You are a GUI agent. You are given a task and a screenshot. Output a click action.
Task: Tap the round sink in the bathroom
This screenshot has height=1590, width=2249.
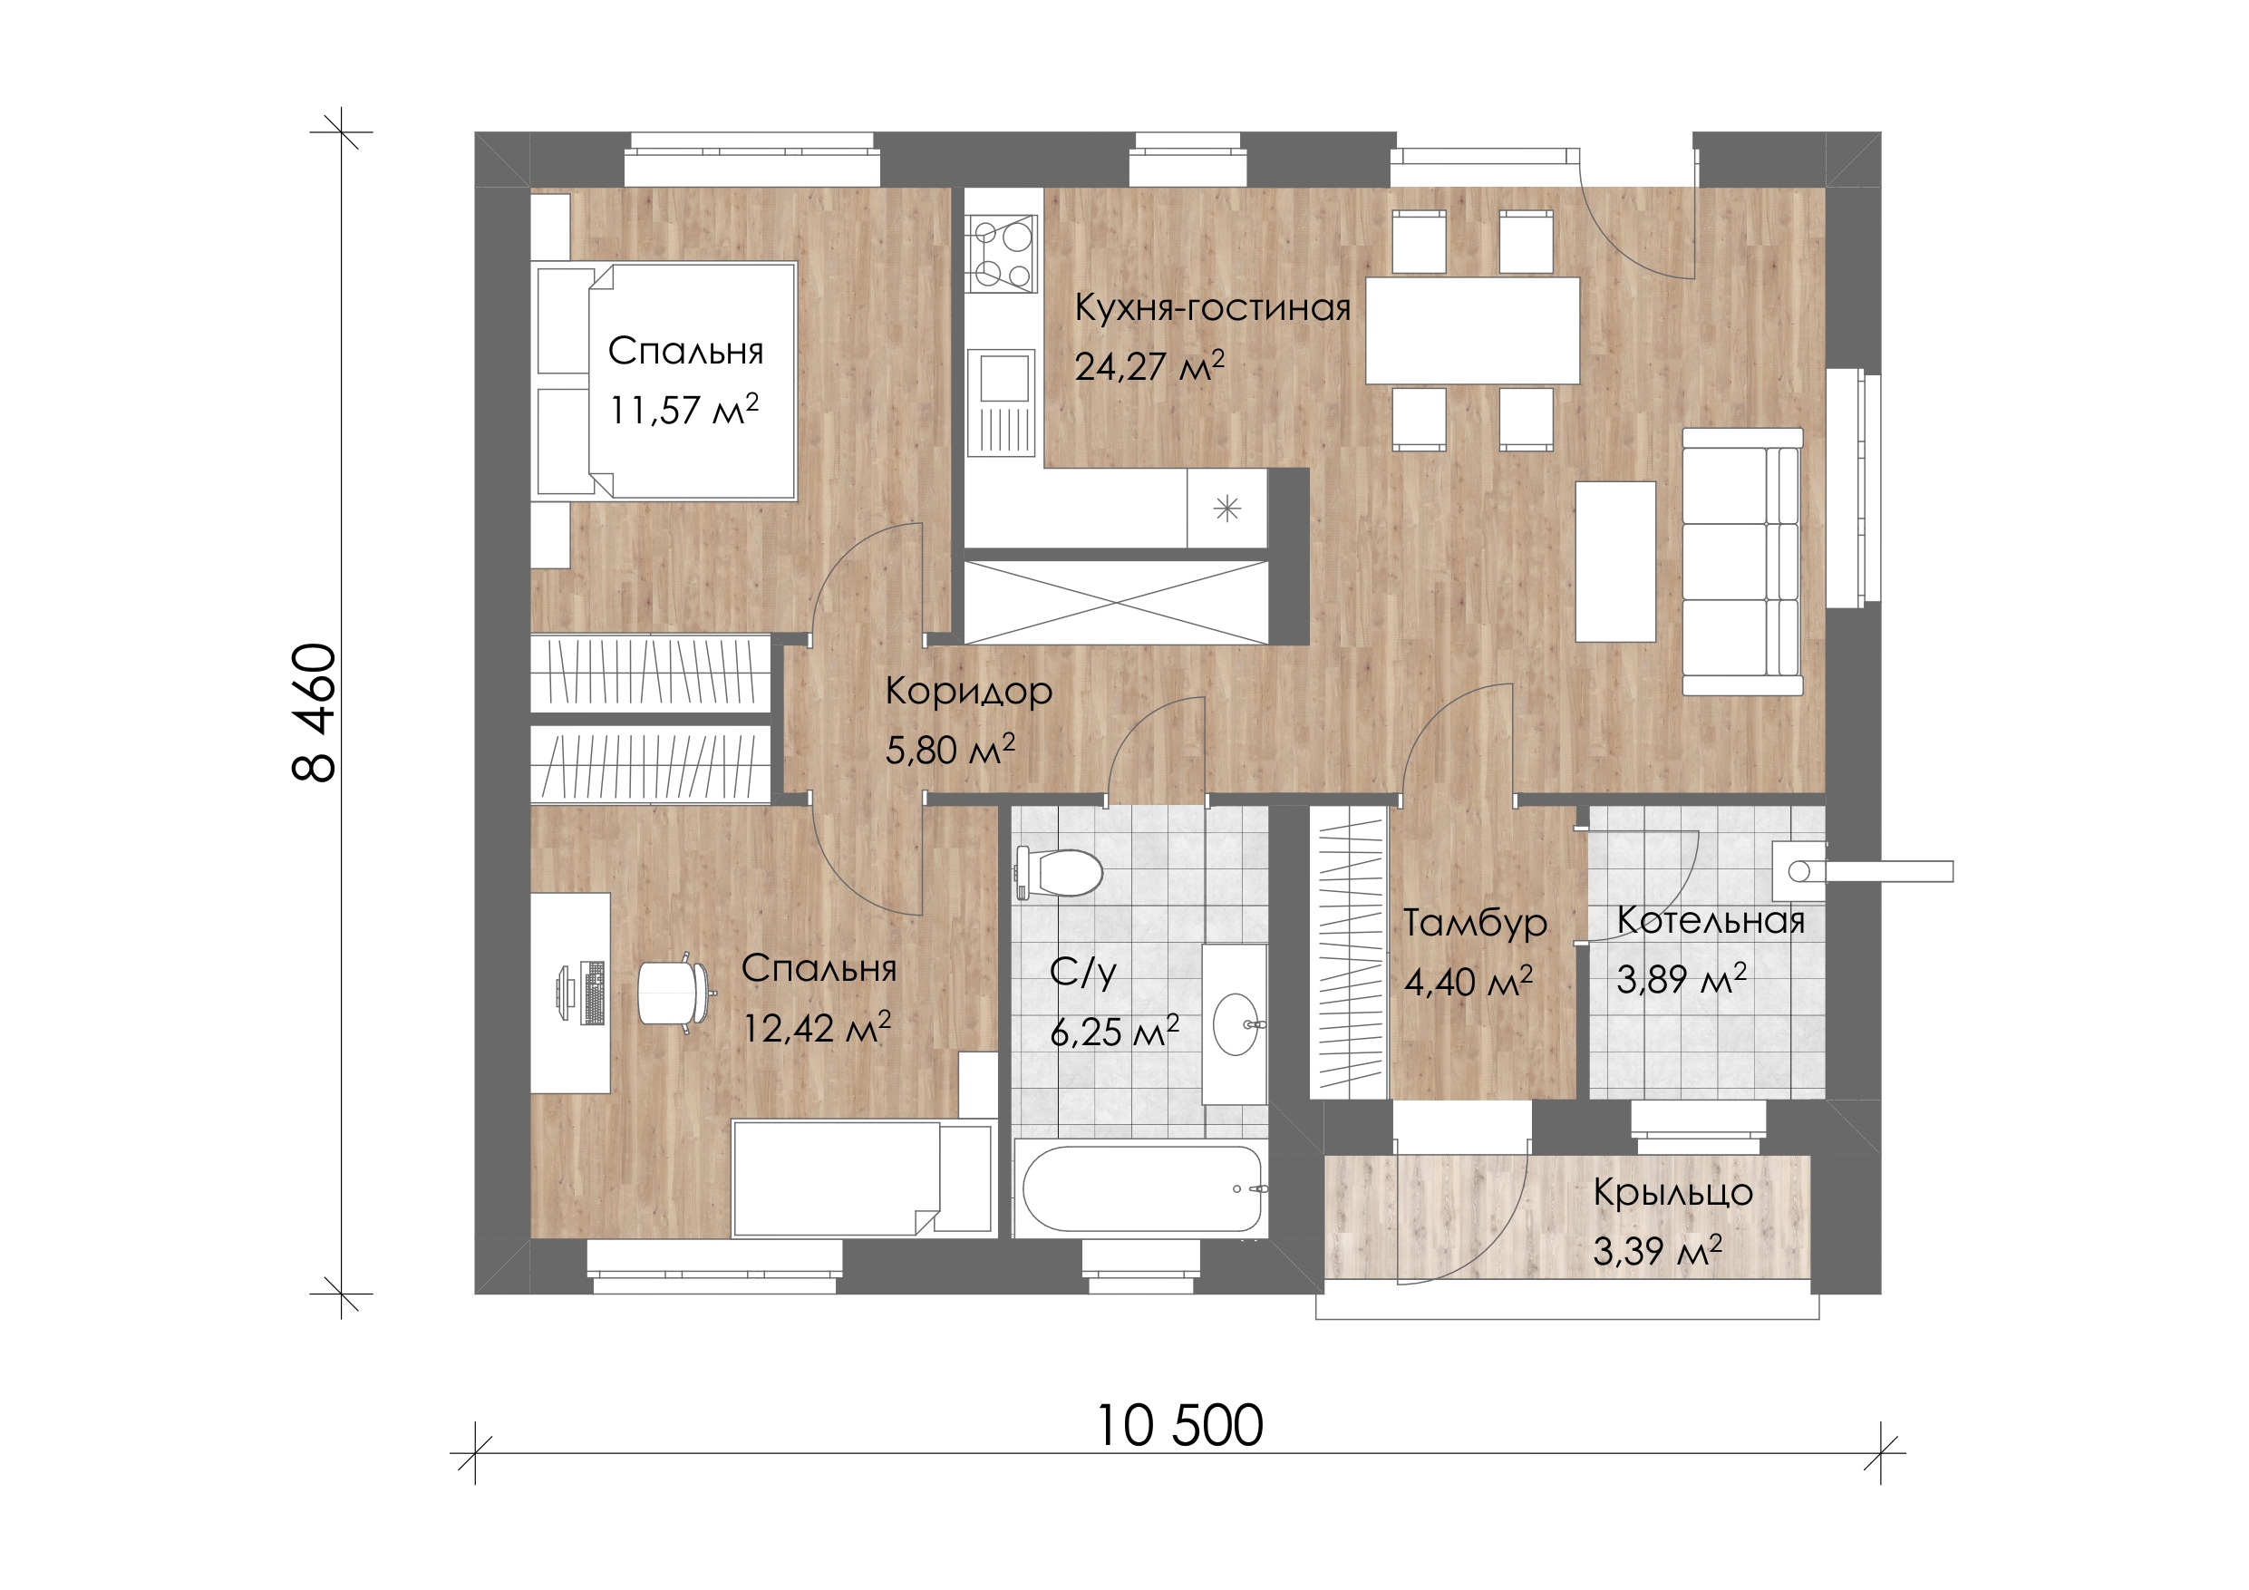(1239, 1023)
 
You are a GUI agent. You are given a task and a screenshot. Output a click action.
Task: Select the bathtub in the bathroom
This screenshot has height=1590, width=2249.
(1141, 1188)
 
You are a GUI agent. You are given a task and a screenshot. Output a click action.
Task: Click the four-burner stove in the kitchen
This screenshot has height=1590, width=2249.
(1002, 254)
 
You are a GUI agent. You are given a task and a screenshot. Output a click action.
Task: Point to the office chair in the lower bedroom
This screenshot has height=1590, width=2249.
(673, 992)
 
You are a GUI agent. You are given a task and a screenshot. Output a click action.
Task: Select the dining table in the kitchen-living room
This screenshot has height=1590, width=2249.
(1472, 330)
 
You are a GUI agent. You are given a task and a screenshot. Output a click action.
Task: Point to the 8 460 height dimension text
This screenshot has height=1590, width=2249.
(315, 713)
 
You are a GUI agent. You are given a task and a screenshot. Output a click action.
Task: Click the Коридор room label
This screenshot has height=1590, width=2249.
(969, 692)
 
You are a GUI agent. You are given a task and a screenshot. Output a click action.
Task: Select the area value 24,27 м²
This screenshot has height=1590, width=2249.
(1149, 366)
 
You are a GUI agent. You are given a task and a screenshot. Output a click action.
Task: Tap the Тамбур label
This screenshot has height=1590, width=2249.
(1475, 923)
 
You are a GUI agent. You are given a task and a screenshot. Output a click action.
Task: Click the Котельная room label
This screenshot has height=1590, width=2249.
(1711, 920)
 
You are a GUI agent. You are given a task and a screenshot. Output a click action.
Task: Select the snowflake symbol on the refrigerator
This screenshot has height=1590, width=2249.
(1227, 509)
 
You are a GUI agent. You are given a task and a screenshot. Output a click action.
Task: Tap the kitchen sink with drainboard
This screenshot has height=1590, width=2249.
(1001, 402)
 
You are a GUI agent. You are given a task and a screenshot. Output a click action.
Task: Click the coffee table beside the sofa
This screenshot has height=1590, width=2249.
(1615, 561)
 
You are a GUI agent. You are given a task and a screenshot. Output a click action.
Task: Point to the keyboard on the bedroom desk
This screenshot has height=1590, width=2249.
(593, 993)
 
